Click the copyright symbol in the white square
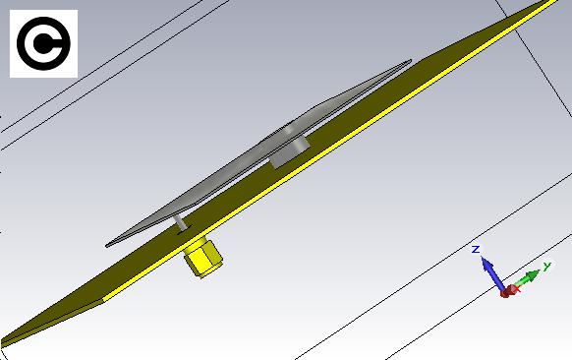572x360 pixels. (x=43, y=43)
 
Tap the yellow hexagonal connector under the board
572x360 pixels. (x=202, y=257)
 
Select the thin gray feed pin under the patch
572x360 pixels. (x=181, y=222)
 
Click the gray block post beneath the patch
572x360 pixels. (x=290, y=151)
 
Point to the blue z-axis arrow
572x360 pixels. (x=492, y=273)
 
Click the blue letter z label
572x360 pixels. (x=475, y=250)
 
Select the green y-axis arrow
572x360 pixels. (x=525, y=279)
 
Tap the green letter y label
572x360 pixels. (x=546, y=267)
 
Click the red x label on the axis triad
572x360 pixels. (x=517, y=289)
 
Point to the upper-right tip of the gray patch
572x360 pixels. (x=411, y=61)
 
